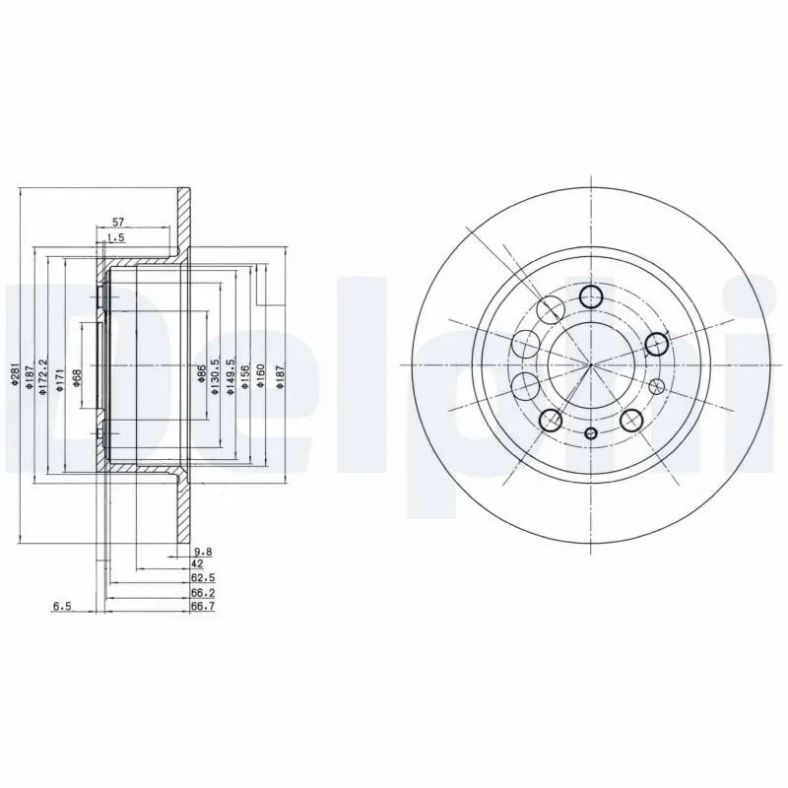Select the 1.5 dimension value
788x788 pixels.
pos(116,238)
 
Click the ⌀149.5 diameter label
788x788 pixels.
pos(230,377)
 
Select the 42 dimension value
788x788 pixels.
pos(197,564)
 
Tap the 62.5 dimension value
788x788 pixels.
pos(203,579)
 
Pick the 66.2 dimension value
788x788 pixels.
pos(203,594)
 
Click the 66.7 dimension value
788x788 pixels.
pos(203,609)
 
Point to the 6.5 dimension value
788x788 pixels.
pos(61,608)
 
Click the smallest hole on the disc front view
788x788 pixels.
pos(590,434)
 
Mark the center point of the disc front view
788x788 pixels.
pos(590,365)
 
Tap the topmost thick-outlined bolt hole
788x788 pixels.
pos(590,295)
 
